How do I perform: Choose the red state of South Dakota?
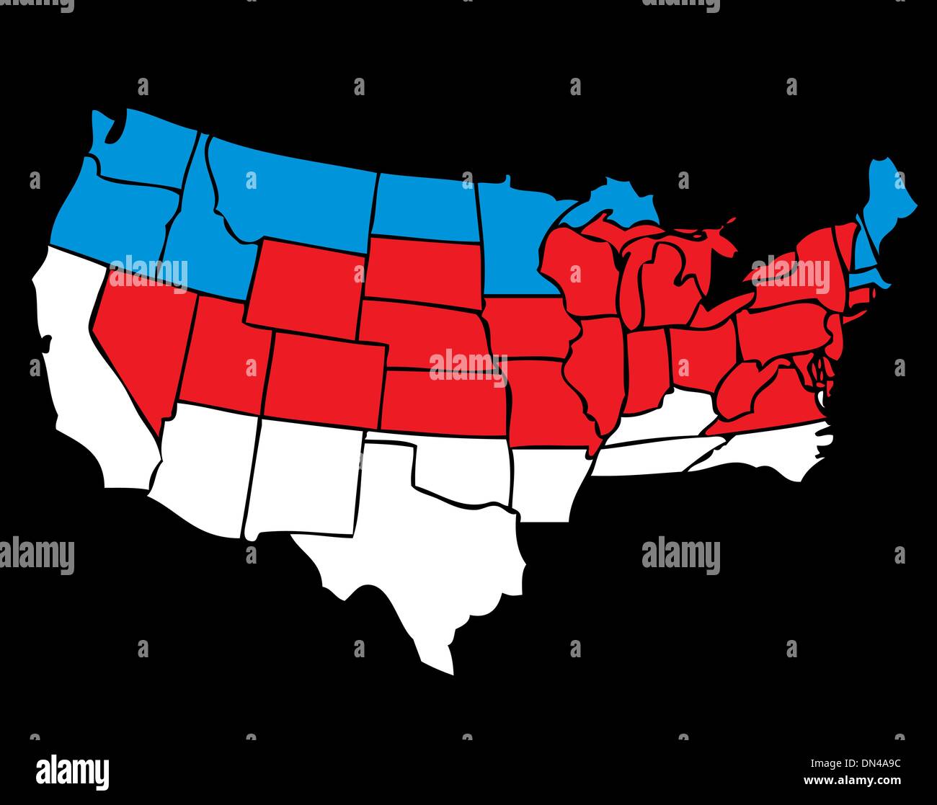pos(422,270)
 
